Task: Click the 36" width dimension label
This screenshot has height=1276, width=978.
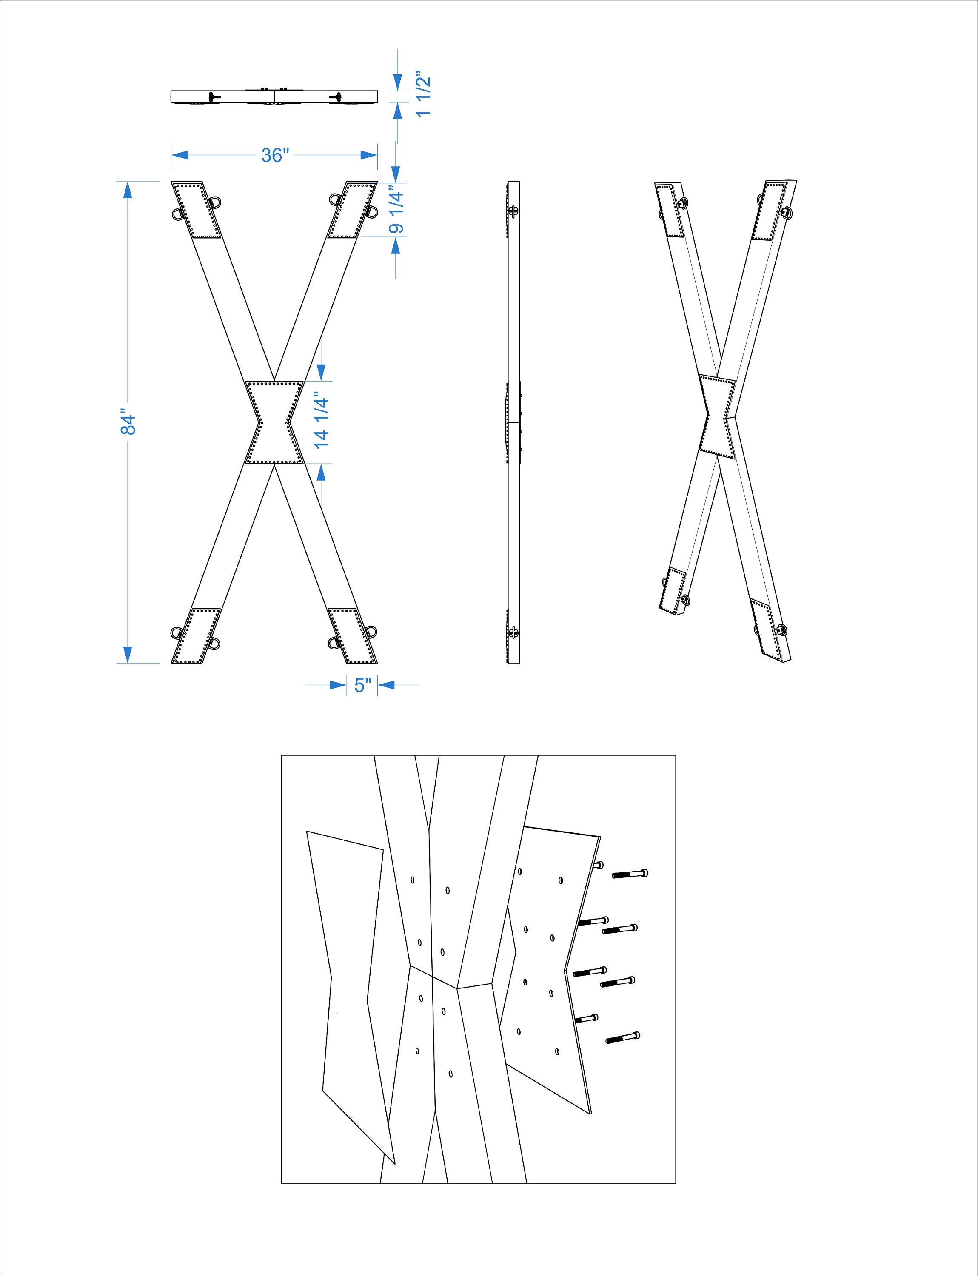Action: [275, 155]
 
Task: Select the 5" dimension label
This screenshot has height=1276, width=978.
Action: [362, 686]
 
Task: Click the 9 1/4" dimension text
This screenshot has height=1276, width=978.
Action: [396, 209]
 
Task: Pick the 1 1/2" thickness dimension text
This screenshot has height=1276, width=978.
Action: [424, 94]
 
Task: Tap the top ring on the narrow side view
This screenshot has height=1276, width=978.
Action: [513, 211]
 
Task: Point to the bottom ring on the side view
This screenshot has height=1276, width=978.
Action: [513, 633]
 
